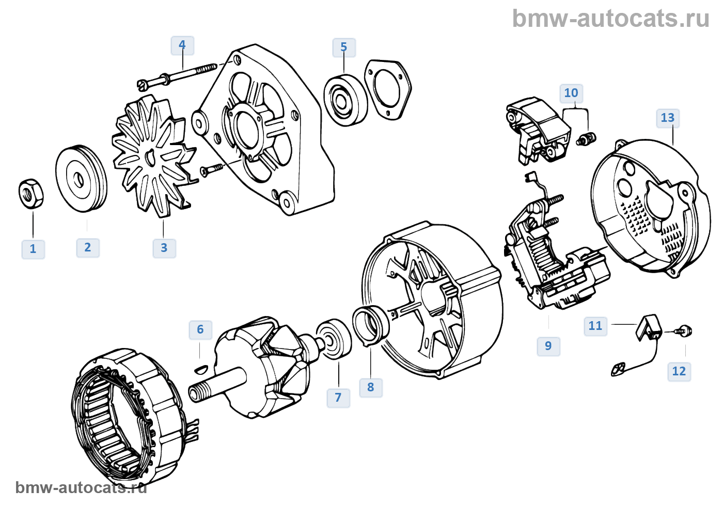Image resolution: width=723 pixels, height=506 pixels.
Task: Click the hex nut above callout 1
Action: click(31, 194)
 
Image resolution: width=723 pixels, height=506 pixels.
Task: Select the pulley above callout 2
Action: click(81, 179)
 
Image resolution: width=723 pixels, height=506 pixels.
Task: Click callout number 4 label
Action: click(182, 45)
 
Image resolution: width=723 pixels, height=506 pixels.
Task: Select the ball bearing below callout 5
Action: click(345, 99)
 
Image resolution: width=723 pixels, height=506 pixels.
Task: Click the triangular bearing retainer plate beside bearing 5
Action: click(387, 88)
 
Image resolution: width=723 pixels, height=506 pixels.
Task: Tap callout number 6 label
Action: click(200, 330)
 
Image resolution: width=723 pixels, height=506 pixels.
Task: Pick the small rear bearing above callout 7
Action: click(334, 340)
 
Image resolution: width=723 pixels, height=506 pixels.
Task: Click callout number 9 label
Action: click(548, 346)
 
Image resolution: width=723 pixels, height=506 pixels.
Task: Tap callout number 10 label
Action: click(571, 93)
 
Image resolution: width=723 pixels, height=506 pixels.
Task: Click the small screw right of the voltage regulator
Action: click(587, 138)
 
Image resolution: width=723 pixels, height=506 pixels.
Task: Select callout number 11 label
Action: click(595, 326)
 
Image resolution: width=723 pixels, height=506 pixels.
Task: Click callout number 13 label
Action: click(668, 118)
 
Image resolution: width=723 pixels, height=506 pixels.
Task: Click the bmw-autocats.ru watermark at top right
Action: click(610, 19)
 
